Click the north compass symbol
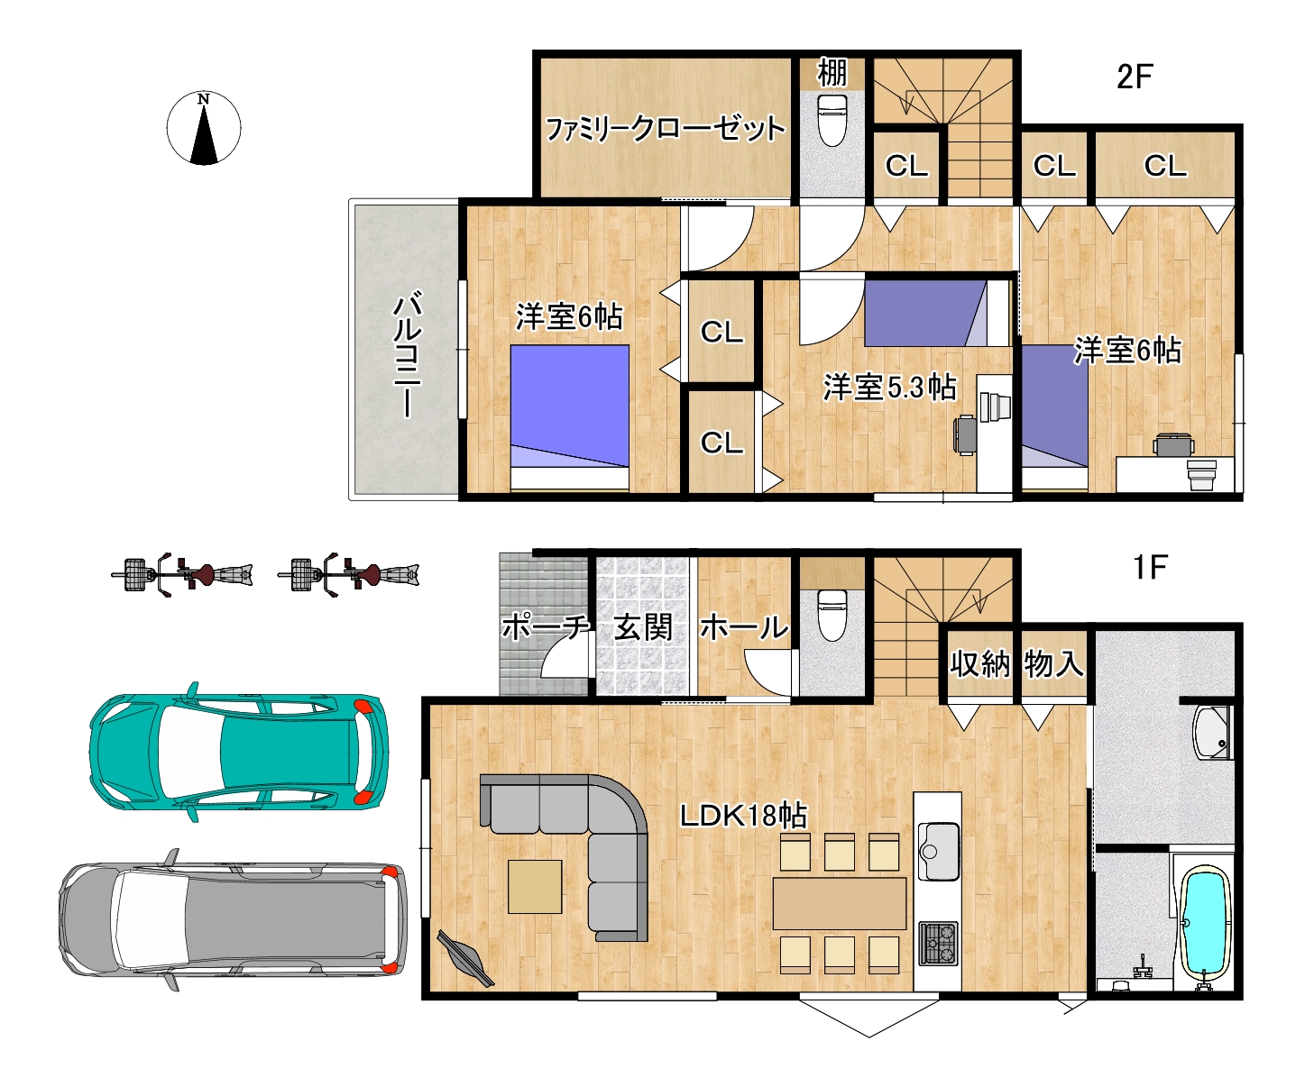204,129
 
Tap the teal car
239,752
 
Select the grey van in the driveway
233,920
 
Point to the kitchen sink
938,852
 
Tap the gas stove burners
938,944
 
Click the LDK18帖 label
743,815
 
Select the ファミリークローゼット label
666,129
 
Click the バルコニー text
407,353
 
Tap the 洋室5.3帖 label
889,388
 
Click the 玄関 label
642,627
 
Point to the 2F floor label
1135,77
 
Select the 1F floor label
1150,567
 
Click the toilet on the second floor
832,121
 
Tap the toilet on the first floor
832,616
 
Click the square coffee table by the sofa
535,887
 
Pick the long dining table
840,903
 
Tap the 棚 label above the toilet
832,73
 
